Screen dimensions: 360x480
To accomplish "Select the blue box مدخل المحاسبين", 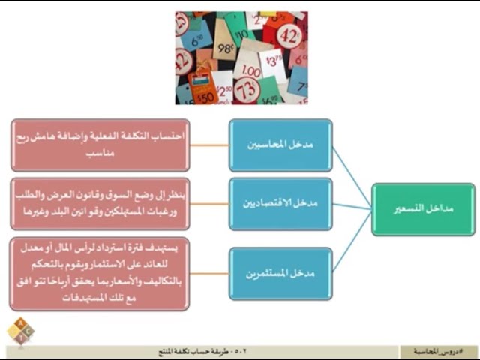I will coord(280,145).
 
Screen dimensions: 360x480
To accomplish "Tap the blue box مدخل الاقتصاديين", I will coord(280,204).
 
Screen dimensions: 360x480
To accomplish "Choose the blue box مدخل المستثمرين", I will coord(280,274).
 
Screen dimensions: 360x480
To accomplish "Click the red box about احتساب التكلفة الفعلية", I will coord(100,145).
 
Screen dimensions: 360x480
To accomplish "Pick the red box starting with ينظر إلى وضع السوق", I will coord(100,203).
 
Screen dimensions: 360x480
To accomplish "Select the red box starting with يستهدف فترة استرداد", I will coord(100,273).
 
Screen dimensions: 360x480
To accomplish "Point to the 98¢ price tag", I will coord(226,49).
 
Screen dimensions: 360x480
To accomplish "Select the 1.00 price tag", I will coord(250,70).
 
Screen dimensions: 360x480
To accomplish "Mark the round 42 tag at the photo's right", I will coord(289,35).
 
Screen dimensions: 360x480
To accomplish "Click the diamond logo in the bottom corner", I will coord(20,331).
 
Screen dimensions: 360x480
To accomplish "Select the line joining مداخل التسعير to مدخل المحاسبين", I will coord(352,177).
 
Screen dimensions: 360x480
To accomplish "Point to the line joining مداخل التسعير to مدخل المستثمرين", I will coord(352,241).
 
